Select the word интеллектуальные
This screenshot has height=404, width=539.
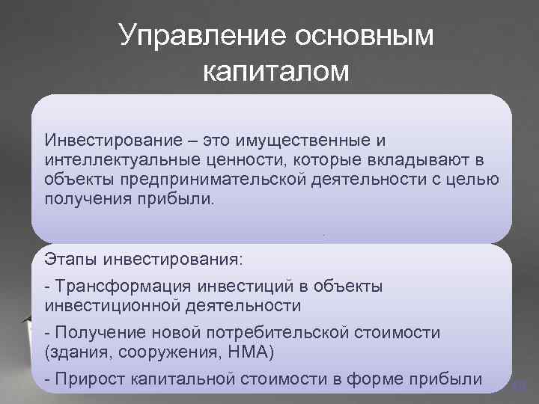click(119, 161)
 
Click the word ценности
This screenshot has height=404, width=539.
click(237, 161)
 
